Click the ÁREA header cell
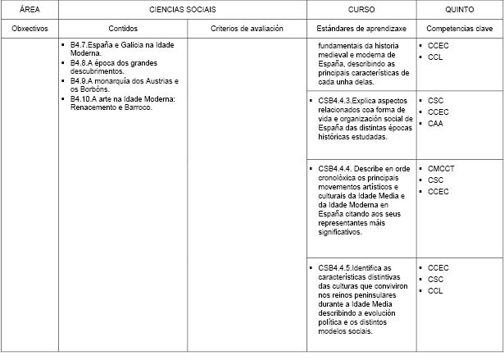(29, 11)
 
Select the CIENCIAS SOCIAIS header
(183, 11)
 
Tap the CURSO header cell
(361, 11)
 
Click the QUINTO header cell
(459, 11)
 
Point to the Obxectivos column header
(29, 29)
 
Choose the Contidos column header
(123, 29)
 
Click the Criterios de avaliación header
(247, 29)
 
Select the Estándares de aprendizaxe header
(361, 29)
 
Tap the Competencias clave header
(459, 29)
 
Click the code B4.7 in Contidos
(80, 42)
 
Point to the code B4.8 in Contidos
(80, 62)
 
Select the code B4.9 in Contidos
(80, 81)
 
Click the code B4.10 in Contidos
(82, 99)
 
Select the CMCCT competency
(441, 168)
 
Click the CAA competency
(435, 123)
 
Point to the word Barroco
(138, 107)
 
